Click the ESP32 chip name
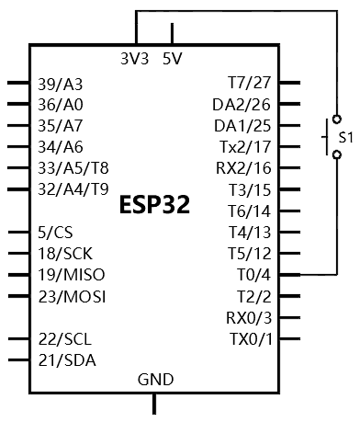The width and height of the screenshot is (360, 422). tap(154, 204)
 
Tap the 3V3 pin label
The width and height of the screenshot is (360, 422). tap(135, 59)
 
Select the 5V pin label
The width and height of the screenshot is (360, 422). tap(173, 59)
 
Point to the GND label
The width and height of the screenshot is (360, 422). tap(155, 380)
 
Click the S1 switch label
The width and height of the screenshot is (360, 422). tap(346, 137)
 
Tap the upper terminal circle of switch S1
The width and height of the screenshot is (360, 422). tap(337, 119)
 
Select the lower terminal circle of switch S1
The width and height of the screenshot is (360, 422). tap(337, 154)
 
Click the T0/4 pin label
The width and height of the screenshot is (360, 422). tap(254, 275)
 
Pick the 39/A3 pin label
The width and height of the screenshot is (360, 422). tap(61, 85)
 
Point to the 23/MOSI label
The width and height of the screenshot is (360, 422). tap(72, 296)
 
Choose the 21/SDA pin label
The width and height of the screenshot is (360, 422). tap(67, 360)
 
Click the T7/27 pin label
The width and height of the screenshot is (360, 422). tap(250, 83)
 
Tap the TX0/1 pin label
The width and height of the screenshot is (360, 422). tap(251, 339)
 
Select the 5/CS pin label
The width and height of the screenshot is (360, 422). tap(55, 233)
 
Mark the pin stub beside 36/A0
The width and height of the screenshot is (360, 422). tap(18, 104)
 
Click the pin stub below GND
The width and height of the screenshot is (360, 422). tap(154, 404)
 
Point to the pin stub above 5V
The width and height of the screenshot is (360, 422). tap(172, 33)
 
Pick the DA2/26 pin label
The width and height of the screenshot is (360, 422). tap(242, 105)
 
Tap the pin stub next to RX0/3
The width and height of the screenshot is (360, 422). tap(289, 317)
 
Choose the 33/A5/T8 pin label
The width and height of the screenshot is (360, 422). tap(73, 168)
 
